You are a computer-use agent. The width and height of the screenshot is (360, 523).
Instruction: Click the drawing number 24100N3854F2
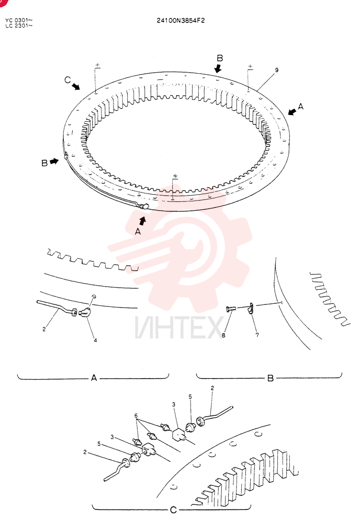click(x=181, y=20)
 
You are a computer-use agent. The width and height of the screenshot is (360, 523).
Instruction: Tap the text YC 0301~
click(x=19, y=21)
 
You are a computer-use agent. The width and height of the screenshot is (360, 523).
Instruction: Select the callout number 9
click(x=277, y=70)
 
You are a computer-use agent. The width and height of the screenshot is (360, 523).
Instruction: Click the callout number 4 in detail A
click(x=95, y=340)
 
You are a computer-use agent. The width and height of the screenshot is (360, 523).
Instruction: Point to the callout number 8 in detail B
click(x=223, y=335)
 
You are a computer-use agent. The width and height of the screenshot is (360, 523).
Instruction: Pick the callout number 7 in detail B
click(x=257, y=335)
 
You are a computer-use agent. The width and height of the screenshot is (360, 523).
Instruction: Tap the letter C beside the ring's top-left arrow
click(x=67, y=79)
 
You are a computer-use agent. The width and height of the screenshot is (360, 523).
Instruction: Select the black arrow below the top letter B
click(x=218, y=69)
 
